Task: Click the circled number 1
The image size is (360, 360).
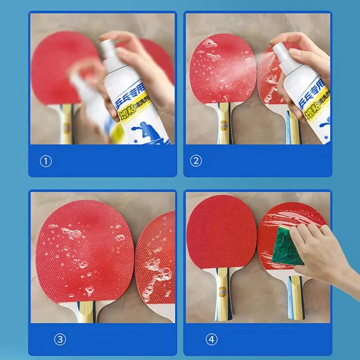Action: [x=46, y=161]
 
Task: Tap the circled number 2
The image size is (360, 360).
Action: [x=196, y=161]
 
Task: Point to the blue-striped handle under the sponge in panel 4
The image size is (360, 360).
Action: [x=295, y=297]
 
